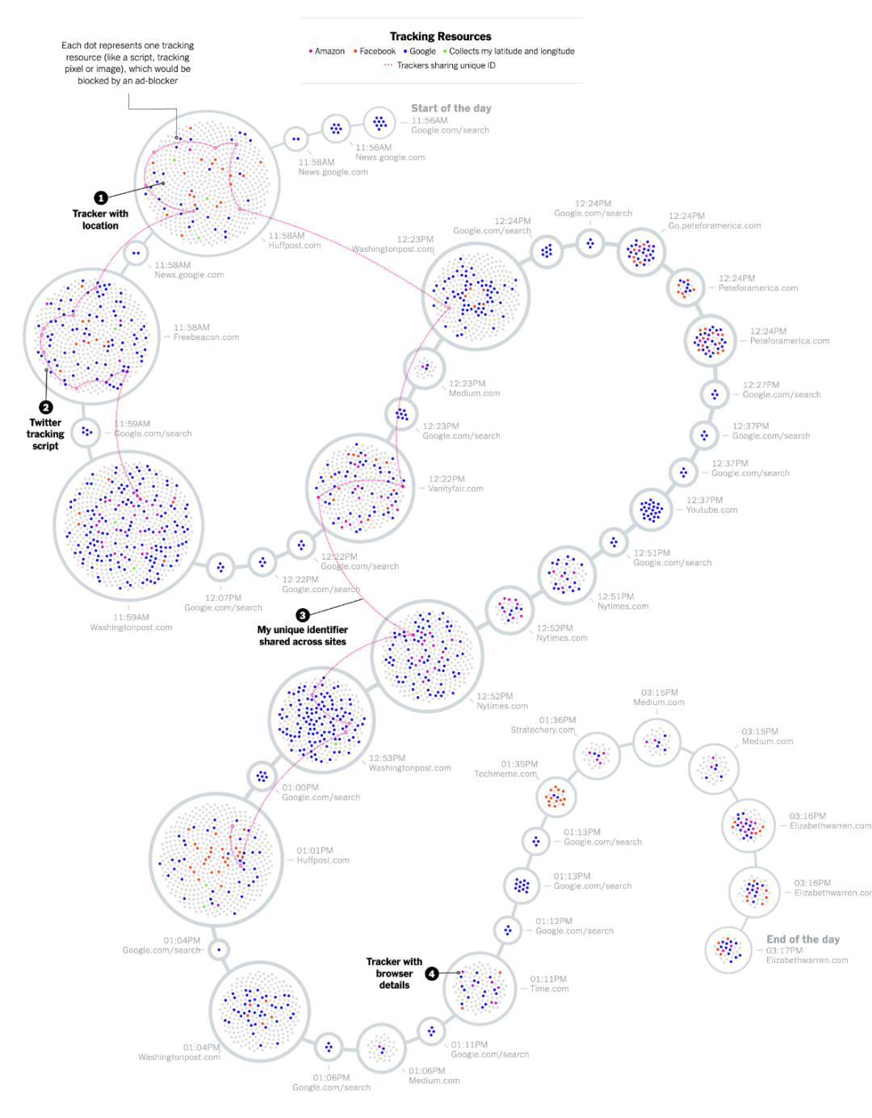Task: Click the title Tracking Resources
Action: tap(440, 36)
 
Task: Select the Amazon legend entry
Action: tap(327, 51)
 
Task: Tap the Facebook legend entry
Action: tap(375, 51)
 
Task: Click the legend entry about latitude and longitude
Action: tap(509, 51)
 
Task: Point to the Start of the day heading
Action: tap(451, 108)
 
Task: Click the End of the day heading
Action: tap(803, 939)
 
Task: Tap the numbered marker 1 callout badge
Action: tap(101, 198)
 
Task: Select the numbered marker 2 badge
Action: tap(46, 407)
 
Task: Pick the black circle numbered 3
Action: tap(303, 615)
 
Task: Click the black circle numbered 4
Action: tap(432, 973)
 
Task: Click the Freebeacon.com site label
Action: tap(206, 338)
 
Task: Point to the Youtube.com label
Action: tap(711, 510)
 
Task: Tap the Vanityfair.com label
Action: tap(455, 489)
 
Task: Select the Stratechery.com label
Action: tap(543, 730)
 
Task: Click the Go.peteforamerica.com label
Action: tap(715, 226)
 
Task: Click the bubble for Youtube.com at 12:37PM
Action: tap(651, 510)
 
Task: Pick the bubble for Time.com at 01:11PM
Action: tap(480, 988)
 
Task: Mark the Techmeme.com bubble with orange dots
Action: tap(555, 796)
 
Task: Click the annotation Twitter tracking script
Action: tap(45, 434)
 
